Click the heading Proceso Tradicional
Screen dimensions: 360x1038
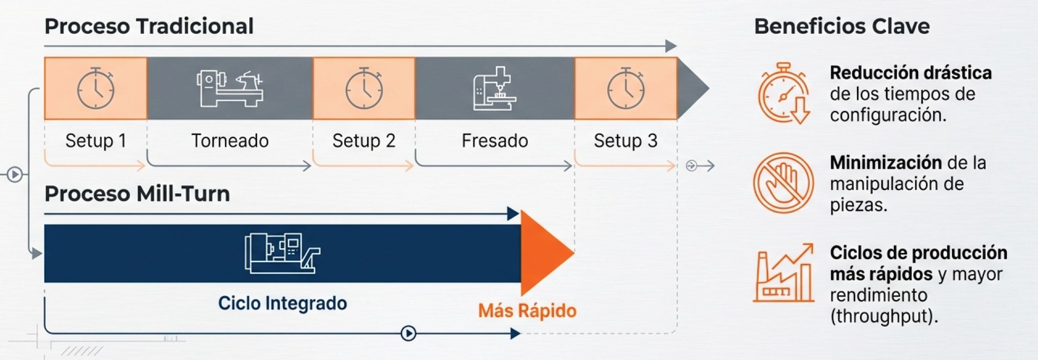[x=149, y=26]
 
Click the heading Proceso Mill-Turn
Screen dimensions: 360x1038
[x=137, y=194]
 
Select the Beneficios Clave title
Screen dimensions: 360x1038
[x=842, y=26]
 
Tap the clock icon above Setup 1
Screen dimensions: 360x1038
[x=96, y=89]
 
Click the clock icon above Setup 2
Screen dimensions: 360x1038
[x=364, y=89]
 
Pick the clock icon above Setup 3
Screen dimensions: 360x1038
[x=626, y=89]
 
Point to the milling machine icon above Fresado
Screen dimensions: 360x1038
[x=494, y=89]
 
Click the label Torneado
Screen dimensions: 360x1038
[x=230, y=141]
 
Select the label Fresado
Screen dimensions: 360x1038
[x=495, y=141]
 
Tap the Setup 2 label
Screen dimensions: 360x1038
[x=364, y=141]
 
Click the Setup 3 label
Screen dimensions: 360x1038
[x=626, y=141]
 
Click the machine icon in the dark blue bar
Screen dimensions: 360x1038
[x=282, y=253]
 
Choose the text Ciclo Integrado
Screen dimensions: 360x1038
[x=282, y=304]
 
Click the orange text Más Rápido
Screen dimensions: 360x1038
[x=527, y=311]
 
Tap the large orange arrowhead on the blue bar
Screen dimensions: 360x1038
[x=544, y=253]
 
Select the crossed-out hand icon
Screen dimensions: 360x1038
[x=783, y=183]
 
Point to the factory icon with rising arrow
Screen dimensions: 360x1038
[x=784, y=273]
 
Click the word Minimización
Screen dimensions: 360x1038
[x=885, y=163]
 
